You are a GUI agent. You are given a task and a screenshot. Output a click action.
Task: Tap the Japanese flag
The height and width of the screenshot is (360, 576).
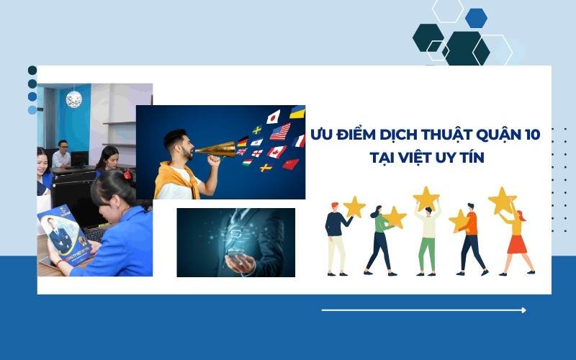274,117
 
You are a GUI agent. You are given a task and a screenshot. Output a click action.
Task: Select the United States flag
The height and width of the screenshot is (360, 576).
279,132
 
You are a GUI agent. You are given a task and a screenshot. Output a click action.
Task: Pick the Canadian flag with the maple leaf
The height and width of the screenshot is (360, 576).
276,152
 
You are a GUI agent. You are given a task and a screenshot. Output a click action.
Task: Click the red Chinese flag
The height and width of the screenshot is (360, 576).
290,164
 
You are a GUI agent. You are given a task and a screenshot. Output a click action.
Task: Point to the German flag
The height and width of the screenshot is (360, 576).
243,141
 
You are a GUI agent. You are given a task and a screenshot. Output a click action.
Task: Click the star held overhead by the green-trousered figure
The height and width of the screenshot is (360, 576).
426,197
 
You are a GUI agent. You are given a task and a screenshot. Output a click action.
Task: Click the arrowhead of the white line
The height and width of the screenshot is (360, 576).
523,310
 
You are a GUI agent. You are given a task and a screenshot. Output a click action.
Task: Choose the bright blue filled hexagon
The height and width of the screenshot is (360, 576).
476,17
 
